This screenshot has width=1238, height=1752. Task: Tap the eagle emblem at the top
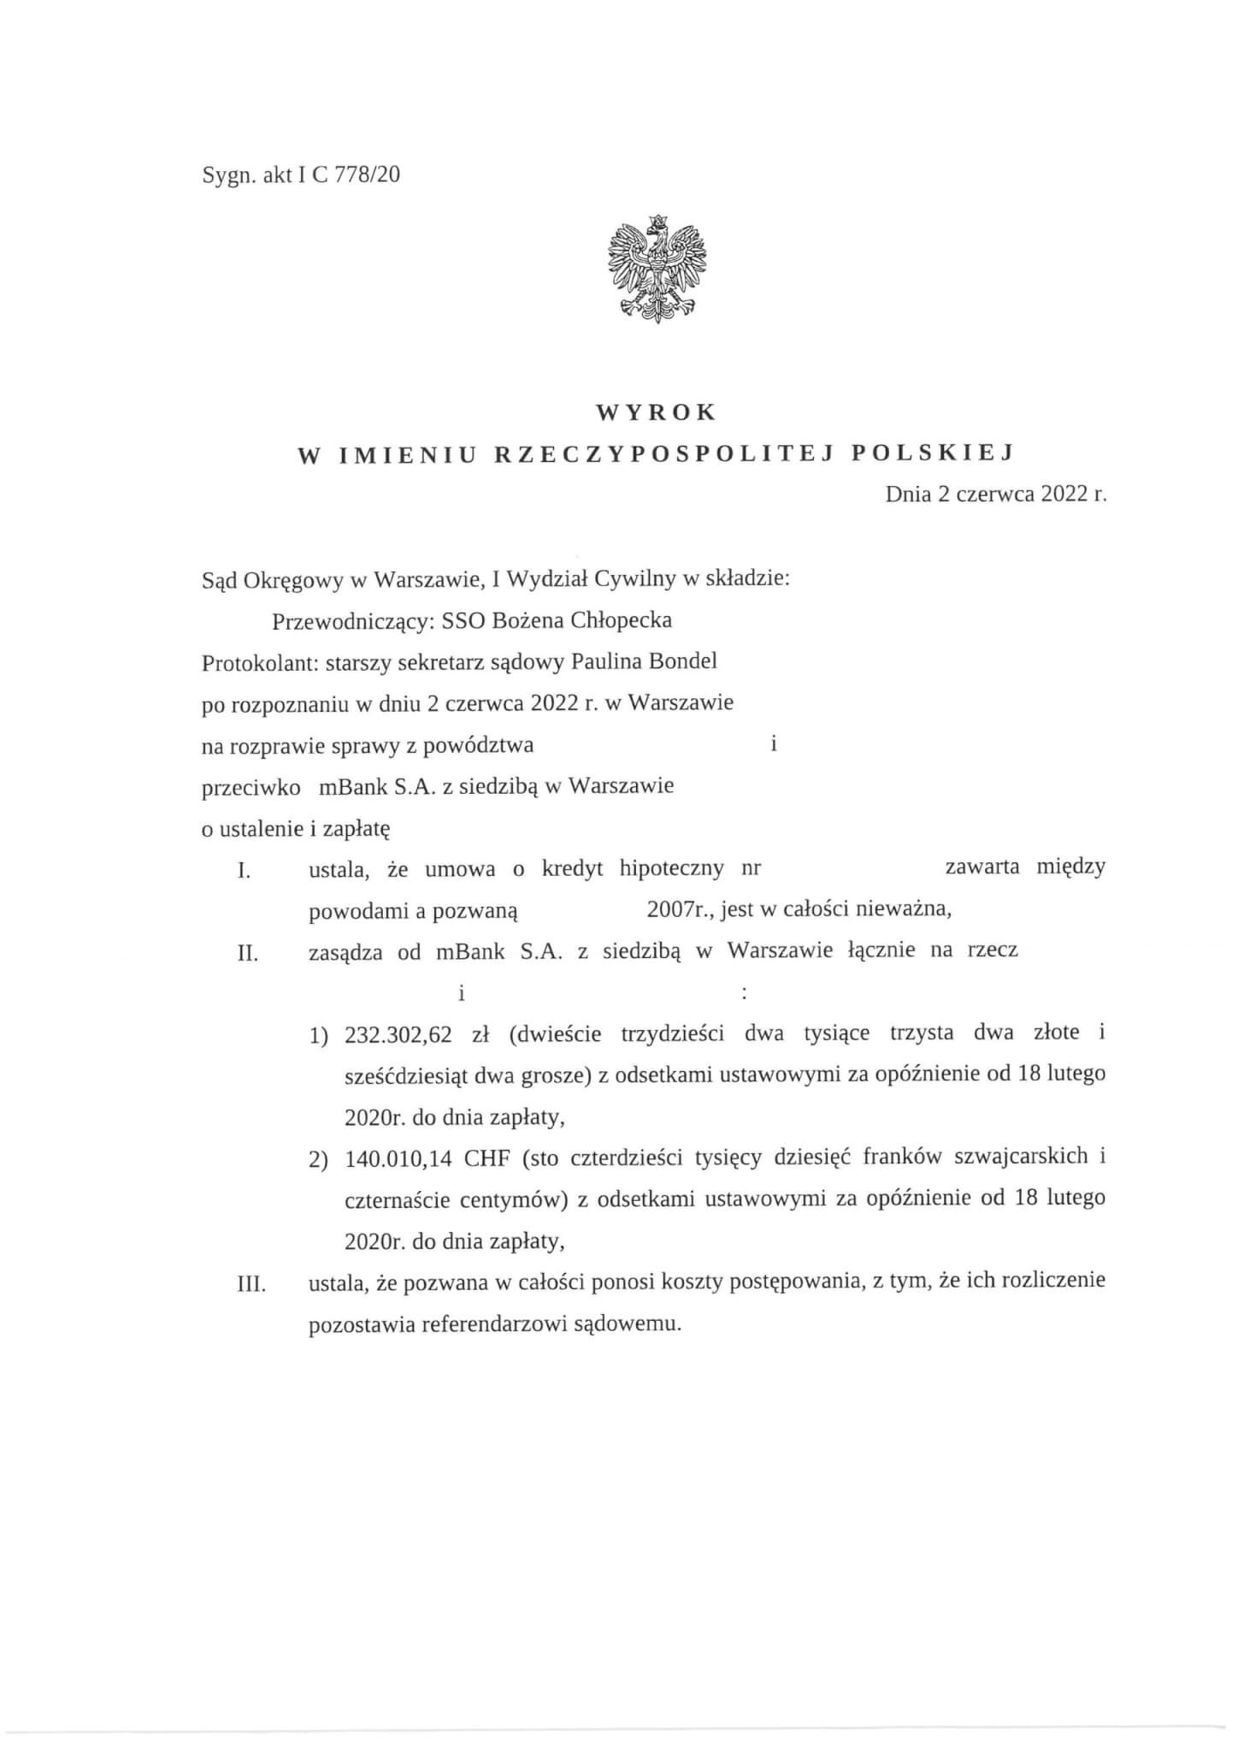tap(657, 268)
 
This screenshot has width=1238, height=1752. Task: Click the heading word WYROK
tap(656, 412)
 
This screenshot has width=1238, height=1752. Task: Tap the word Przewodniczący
tap(353, 620)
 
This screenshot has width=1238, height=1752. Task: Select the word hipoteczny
tap(672, 869)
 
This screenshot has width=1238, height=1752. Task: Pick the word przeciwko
tap(251, 786)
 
